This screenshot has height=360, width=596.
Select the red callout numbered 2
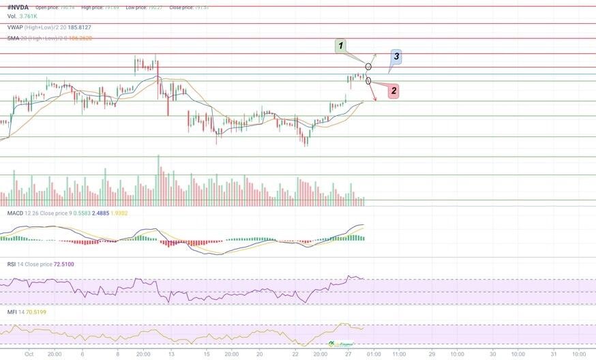point(393,91)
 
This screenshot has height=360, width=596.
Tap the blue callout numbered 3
point(396,56)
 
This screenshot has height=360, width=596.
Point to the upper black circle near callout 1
point(369,66)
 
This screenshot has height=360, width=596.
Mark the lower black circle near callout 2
point(369,81)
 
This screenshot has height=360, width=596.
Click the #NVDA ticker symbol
point(19,7)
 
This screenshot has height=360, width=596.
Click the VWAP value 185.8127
point(76,27)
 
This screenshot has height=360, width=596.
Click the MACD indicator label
point(15,213)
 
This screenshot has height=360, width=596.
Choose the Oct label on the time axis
point(29,354)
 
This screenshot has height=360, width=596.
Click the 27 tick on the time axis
point(348,354)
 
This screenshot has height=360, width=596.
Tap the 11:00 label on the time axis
point(399,354)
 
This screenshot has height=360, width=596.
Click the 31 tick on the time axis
point(553,354)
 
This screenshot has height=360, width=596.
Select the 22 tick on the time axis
point(295,354)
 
